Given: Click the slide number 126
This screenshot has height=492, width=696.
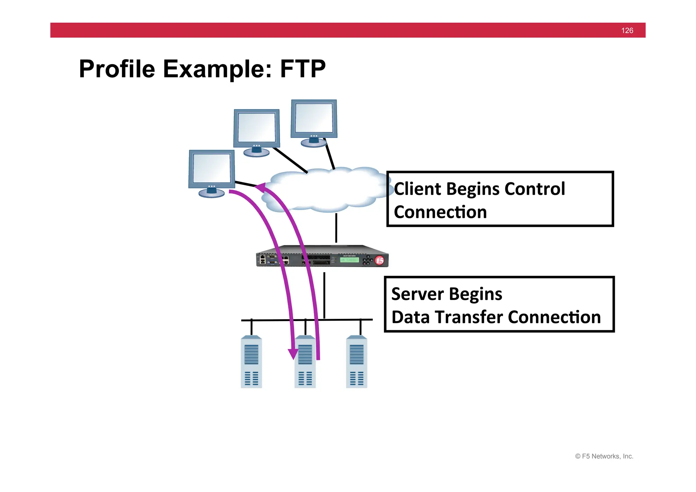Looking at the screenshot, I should (x=627, y=31).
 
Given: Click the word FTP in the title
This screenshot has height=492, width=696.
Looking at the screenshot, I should (x=302, y=69).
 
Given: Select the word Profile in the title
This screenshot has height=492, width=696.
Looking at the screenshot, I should (x=117, y=69).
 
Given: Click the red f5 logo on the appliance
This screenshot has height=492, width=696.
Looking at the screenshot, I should (x=380, y=260).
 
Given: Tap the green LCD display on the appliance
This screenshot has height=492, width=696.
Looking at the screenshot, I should (x=349, y=260).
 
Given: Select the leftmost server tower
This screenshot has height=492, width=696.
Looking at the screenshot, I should (x=251, y=362).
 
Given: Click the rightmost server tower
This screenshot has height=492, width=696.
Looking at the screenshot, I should (x=356, y=362).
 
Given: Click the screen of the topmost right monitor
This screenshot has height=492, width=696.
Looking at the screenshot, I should (x=314, y=118).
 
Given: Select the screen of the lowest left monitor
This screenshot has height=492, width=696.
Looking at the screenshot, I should (x=211, y=168).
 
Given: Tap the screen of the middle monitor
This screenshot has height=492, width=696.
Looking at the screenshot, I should (x=257, y=128).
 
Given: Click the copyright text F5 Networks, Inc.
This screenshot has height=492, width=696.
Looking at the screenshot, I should (x=604, y=456).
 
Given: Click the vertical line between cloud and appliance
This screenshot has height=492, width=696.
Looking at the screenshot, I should (x=336, y=228).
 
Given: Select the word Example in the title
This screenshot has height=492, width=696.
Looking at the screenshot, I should (x=217, y=69).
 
